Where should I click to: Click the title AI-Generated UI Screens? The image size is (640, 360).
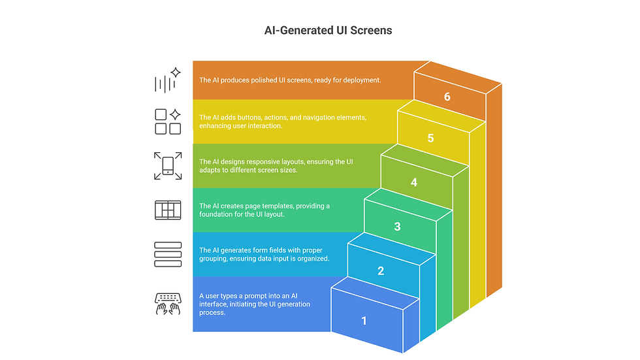click(319, 30)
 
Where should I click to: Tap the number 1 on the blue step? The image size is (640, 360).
click(364, 321)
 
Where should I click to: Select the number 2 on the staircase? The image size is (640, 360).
click(381, 271)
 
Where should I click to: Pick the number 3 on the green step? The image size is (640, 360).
click(398, 227)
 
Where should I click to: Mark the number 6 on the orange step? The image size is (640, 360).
click(447, 97)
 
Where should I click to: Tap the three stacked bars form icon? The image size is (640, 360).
click(168, 254)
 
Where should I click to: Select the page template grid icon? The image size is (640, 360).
click(168, 210)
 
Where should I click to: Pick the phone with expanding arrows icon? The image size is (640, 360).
click(168, 165)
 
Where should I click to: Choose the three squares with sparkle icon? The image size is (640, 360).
click(168, 122)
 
